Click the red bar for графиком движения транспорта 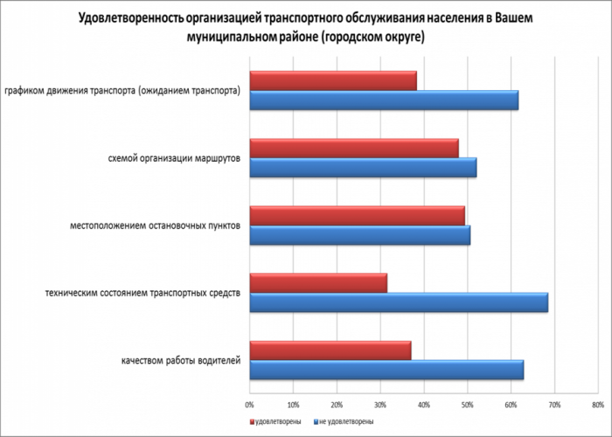333,80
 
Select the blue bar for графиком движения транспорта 384,101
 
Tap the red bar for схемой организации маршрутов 354,148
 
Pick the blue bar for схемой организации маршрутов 363,168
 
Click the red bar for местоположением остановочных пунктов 357,215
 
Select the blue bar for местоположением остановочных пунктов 359,235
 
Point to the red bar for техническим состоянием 318,282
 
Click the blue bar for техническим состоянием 399,302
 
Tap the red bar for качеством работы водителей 330,350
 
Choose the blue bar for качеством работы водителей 386,370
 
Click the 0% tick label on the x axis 249,404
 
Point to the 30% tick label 379,404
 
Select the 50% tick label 467,404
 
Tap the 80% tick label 597,404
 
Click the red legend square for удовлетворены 250,421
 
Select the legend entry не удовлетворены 345,421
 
